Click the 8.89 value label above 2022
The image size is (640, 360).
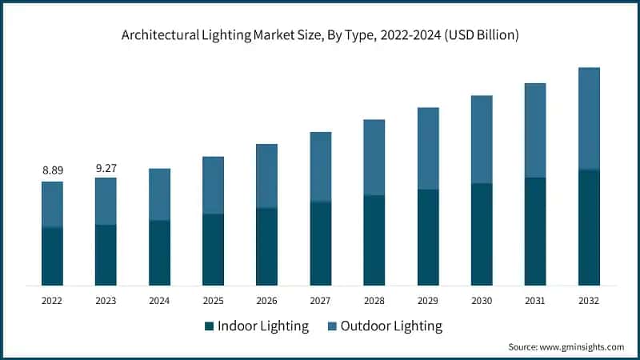[x=52, y=170]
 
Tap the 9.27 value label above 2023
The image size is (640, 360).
[x=106, y=168]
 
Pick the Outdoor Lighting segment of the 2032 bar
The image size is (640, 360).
[x=589, y=118]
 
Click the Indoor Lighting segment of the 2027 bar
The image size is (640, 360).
[x=321, y=243]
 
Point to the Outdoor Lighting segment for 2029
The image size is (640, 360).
[x=428, y=148]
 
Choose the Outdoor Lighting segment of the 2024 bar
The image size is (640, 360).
[x=159, y=194]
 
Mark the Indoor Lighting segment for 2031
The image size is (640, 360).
[x=535, y=231]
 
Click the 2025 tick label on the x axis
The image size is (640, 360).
[x=213, y=301]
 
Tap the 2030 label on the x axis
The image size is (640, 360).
[x=482, y=301]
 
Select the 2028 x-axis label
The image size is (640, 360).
[x=374, y=301]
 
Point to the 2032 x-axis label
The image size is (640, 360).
[x=589, y=301]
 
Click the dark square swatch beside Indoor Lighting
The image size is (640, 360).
[x=210, y=326]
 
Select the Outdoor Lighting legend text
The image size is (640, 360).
[x=391, y=326]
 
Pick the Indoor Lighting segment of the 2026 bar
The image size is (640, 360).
[x=266, y=246]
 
